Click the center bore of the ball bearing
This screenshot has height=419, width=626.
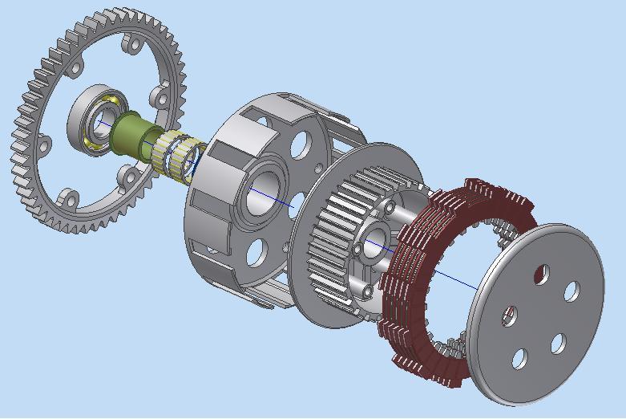coord(103,125)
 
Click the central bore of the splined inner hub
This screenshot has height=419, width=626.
coord(374,240)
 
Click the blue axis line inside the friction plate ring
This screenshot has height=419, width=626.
coord(449,274)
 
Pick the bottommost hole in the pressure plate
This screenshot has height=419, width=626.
coord(520,358)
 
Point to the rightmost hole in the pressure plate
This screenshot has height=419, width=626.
coord(571,291)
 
